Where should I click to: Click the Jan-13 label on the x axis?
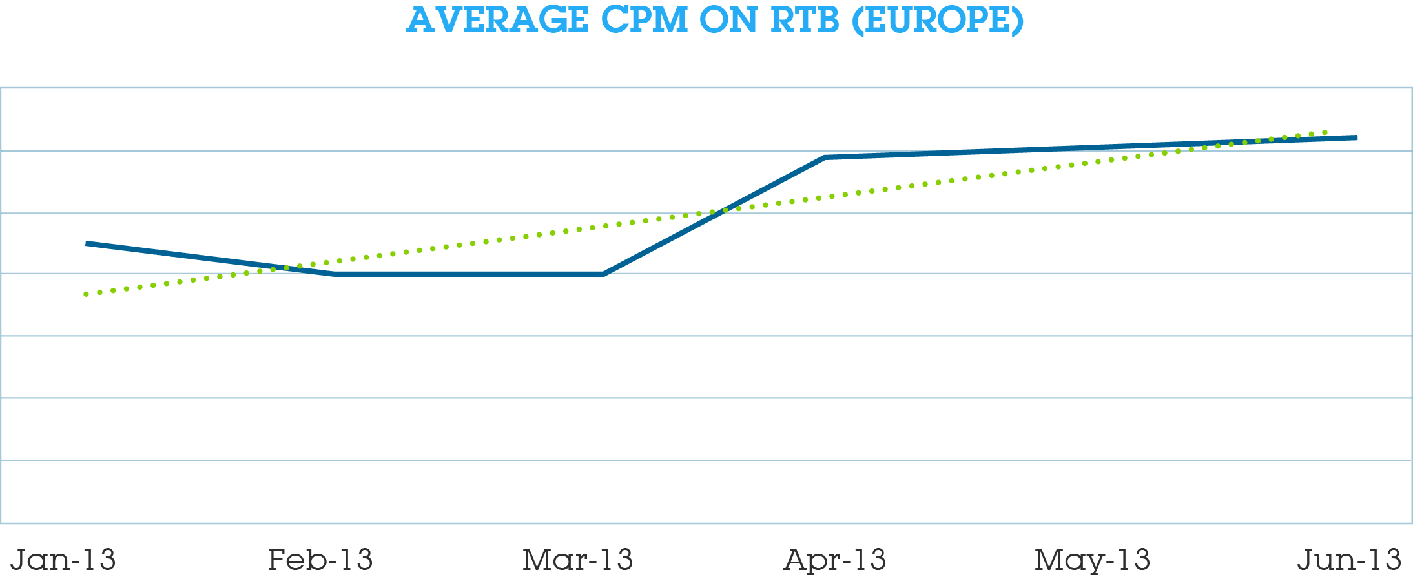coord(63,559)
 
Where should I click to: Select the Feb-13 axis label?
coord(320,559)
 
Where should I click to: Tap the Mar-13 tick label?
coord(577,559)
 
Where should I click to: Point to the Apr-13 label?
coord(834,559)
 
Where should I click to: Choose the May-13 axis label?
coord(1092,560)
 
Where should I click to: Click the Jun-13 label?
coord(1349,559)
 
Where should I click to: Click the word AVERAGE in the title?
coord(497,20)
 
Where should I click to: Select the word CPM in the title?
coord(645,20)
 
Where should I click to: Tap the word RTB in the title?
coord(805,20)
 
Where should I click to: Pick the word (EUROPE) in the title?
coord(938,20)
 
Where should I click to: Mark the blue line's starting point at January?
coord(87,243)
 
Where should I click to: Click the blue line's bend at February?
coord(335,274)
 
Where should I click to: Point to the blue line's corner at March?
coord(603,274)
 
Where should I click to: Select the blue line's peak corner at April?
coord(825,157)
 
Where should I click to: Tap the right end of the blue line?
coord(1356,137)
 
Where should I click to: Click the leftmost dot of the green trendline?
coord(86,294)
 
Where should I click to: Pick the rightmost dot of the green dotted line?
coord(1325,132)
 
